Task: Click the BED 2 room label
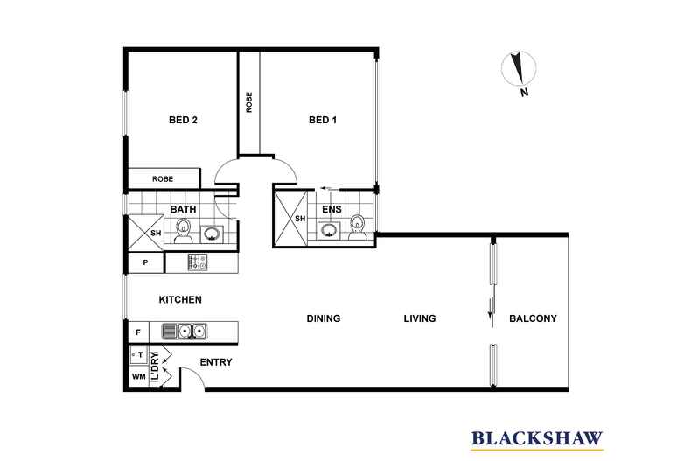[x=182, y=121]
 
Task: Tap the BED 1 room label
[x=323, y=121]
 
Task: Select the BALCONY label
[x=533, y=318]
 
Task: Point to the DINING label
[x=323, y=318]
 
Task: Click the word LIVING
[x=419, y=318]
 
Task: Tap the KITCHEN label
[x=180, y=300]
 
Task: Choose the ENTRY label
[x=216, y=362]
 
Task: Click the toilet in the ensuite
[x=357, y=227]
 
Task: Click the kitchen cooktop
[x=197, y=262]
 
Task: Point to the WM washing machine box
[x=137, y=377]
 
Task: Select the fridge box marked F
[x=137, y=332]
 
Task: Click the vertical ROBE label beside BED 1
[x=249, y=103]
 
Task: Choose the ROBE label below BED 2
[x=163, y=179]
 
